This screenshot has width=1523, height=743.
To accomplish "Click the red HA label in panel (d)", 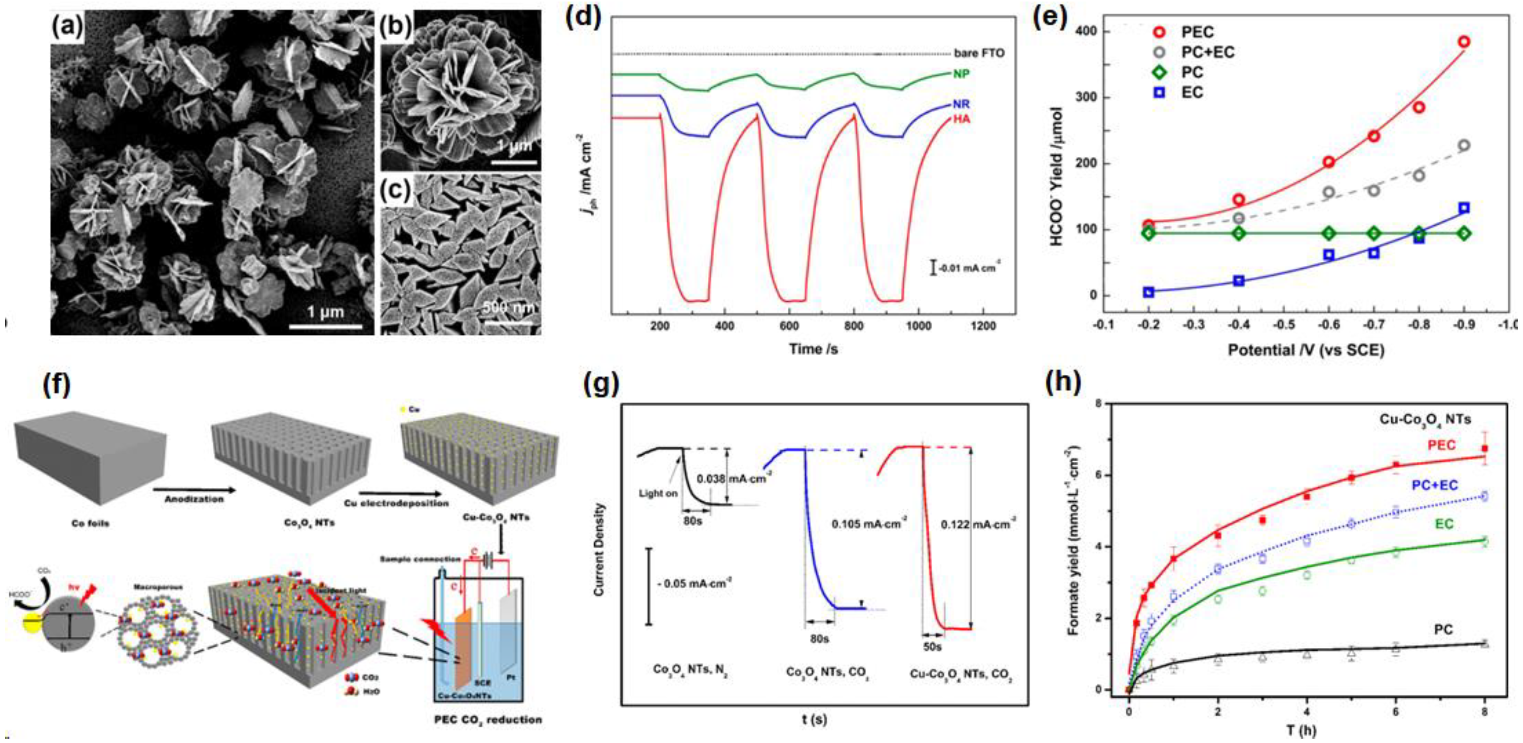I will [961, 119].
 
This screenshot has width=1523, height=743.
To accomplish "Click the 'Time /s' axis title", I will [813, 349].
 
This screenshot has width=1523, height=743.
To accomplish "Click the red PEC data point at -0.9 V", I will [1464, 42].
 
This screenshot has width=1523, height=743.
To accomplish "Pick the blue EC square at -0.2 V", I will [1148, 292].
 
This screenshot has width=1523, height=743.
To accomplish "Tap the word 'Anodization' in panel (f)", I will [194, 499].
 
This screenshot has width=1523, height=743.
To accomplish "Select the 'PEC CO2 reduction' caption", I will [487, 719].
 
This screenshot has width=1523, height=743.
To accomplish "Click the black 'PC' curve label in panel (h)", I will [1443, 630].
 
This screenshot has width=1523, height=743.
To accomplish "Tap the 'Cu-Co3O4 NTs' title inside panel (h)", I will [1425, 419].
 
